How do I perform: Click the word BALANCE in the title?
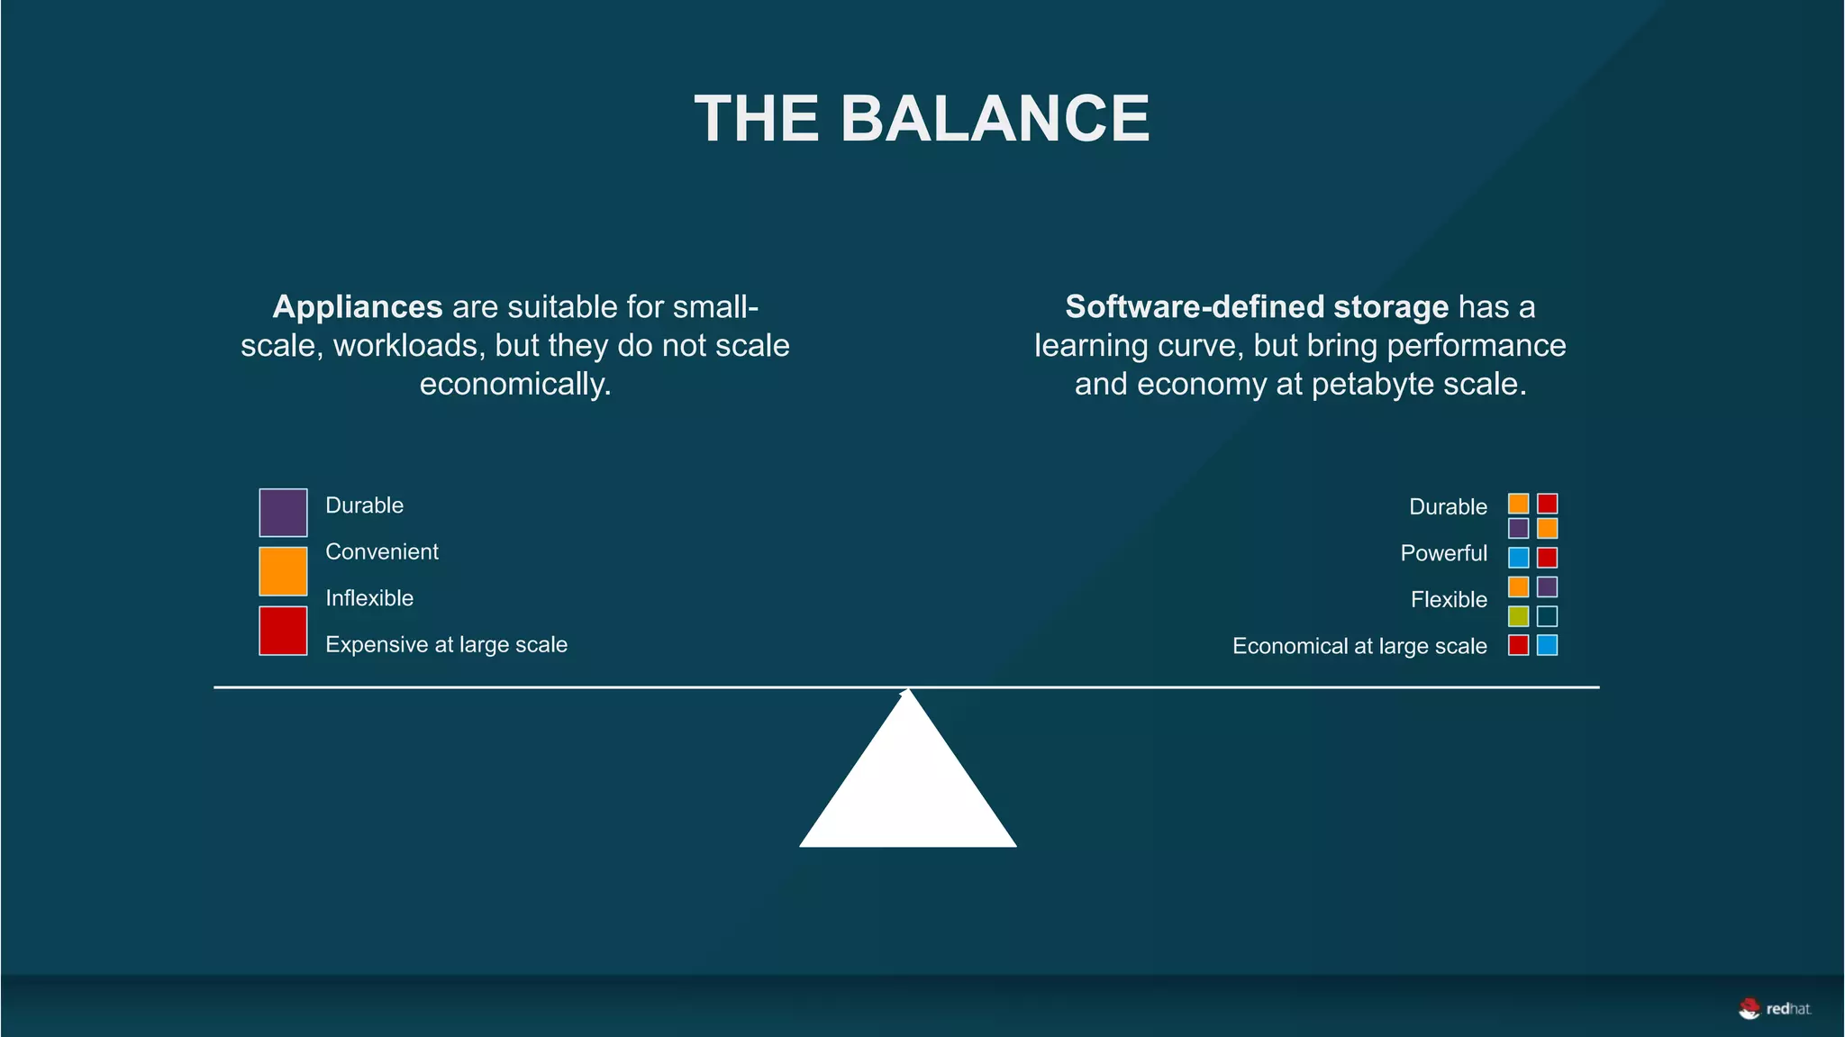point(995,119)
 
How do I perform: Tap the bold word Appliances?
point(357,307)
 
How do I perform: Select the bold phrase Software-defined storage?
point(1257,307)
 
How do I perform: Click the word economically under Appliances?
point(515,384)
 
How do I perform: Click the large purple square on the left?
point(283,513)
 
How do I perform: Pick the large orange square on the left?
point(283,571)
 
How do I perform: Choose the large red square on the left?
point(283,631)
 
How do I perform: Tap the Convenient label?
point(382,551)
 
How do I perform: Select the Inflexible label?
point(369,598)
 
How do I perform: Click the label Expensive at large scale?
point(446,645)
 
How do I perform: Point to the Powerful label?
point(1443,553)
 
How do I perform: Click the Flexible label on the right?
point(1449,599)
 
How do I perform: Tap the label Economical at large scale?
point(1359,646)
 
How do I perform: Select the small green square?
point(1518,616)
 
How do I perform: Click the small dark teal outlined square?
point(1547,616)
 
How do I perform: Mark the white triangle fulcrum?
point(908,784)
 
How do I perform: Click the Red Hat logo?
point(1774,1009)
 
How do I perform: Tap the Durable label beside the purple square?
point(364,505)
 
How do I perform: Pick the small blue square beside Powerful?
point(1518,557)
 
